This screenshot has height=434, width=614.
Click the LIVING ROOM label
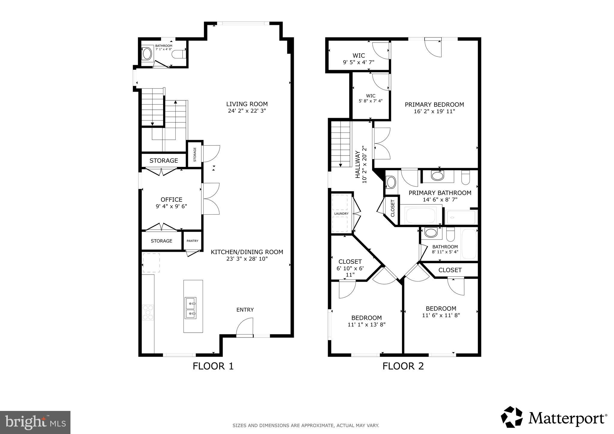tap(247, 104)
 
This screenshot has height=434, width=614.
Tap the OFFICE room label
tap(171, 200)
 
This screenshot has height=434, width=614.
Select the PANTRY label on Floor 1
tap(192, 241)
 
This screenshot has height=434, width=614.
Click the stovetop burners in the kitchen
tap(148, 312)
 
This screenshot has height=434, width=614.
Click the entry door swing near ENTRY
tap(244, 327)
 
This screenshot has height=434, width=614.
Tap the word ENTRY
tap(245, 310)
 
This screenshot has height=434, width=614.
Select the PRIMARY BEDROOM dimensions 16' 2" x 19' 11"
tap(434, 111)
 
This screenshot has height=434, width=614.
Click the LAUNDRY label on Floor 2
tap(341, 214)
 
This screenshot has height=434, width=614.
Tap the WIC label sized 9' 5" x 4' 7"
tap(359, 59)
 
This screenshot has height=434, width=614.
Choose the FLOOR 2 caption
tap(403, 366)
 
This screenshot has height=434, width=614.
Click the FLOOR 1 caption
tap(213, 366)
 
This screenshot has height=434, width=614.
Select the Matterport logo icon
tap(511, 417)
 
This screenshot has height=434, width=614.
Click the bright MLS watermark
tap(35, 422)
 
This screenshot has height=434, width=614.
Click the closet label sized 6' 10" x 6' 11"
tap(350, 268)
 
